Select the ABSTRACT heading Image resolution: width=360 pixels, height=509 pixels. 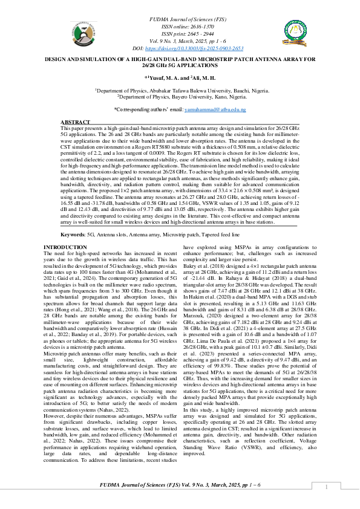pos(75,123)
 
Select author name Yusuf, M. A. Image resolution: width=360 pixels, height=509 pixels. pos(162,77)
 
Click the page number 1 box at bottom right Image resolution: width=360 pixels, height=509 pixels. pos(326,487)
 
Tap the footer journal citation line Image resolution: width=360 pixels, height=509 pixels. pos(180,485)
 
